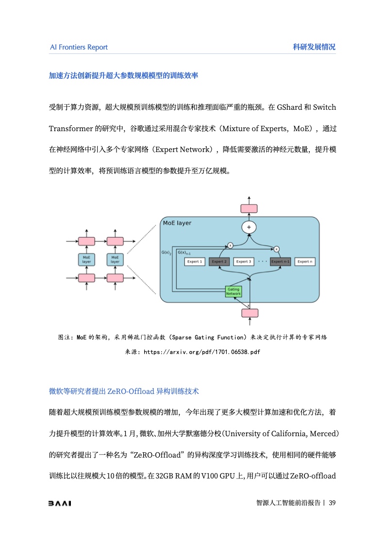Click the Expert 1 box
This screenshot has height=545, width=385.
(x=195, y=261)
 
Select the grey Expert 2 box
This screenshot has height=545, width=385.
(x=219, y=261)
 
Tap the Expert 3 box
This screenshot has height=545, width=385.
(x=243, y=261)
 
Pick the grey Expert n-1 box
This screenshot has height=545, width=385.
(x=281, y=261)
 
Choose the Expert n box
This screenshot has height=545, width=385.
(x=305, y=261)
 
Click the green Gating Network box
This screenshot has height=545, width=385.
(x=234, y=291)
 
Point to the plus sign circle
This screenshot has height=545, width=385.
(x=249, y=227)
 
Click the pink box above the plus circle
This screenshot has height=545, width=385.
(x=249, y=208)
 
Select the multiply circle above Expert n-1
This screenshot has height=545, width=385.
(x=276, y=249)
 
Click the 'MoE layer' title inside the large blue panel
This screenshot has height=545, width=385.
(x=177, y=223)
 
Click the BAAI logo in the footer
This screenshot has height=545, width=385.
(x=60, y=503)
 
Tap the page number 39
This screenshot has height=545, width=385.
(x=332, y=503)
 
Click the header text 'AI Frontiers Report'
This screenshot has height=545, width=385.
(x=79, y=47)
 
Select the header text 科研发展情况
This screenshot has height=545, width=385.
(x=314, y=47)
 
